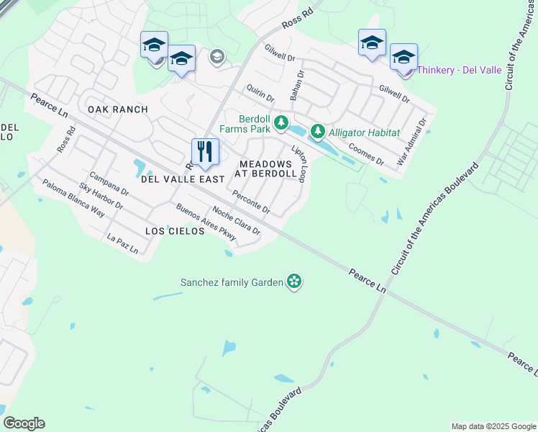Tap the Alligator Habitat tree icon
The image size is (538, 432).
(317, 132)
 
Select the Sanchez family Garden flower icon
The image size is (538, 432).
(293, 282)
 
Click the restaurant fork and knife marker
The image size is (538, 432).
(205, 151)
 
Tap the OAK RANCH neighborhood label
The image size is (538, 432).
(117, 109)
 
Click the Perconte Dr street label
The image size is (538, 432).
(251, 202)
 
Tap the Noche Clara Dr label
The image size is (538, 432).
(236, 221)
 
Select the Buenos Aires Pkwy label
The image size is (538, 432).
(206, 222)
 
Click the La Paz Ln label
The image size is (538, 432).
(122, 243)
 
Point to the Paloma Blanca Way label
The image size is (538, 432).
(73, 198)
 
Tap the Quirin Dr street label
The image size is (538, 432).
(260, 91)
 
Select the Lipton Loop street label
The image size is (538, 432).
(300, 163)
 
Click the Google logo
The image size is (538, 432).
(24, 423)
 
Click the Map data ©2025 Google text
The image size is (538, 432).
(493, 426)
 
